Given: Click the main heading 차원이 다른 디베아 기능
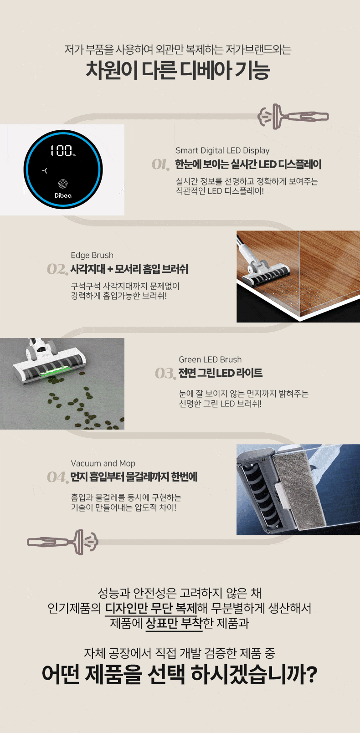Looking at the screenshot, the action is (178, 70).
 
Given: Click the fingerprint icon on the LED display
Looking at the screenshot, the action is (63, 184).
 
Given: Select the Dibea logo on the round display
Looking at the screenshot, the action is (63, 195).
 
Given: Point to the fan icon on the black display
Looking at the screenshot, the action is (45, 170).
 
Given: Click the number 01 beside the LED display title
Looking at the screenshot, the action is (160, 164).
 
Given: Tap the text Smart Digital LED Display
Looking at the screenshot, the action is (222, 150).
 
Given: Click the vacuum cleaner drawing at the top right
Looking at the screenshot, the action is (293, 116).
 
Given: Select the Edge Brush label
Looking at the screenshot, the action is (92, 255).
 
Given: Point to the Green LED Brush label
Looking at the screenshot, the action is (210, 359).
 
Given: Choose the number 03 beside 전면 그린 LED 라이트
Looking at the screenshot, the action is (165, 374).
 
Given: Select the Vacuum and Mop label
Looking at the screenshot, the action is (103, 463).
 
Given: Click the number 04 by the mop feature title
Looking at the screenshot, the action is (57, 477).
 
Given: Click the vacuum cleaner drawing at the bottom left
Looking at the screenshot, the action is (62, 542).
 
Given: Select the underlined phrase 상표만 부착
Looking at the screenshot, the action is (174, 623).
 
